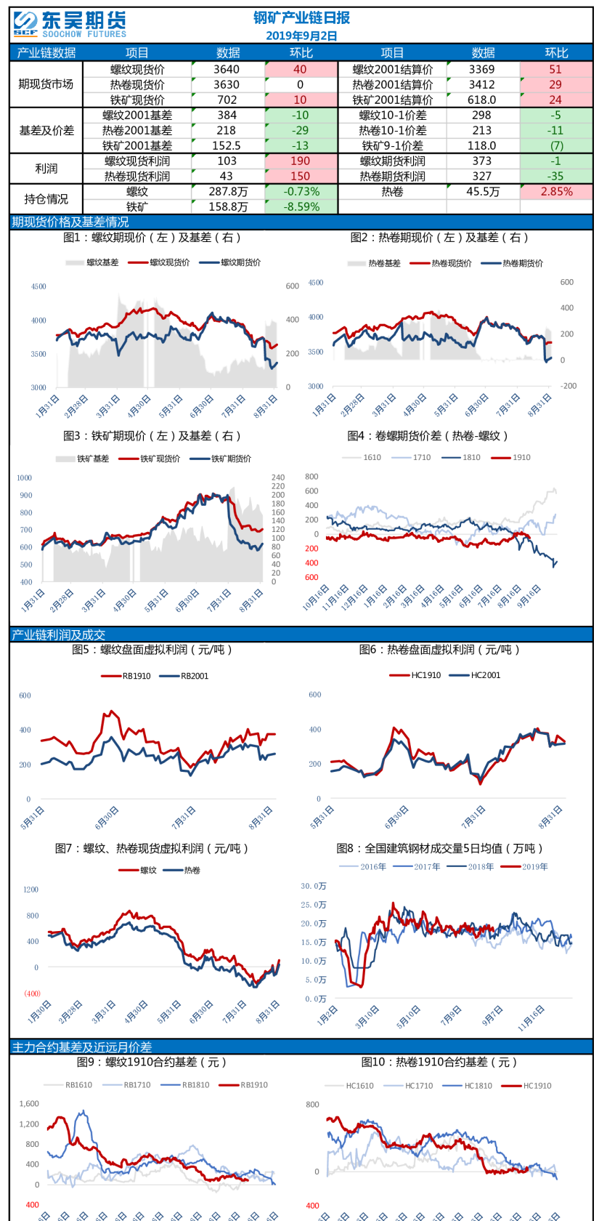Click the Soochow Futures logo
tap(69, 24)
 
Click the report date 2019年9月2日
tap(301, 36)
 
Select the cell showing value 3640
tap(227, 69)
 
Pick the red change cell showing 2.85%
tap(556, 192)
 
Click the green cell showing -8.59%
tap(301, 206)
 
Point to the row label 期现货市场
tap(46, 84)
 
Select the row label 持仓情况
tap(46, 199)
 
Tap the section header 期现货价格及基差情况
tap(70, 222)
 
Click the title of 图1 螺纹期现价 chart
tap(152, 238)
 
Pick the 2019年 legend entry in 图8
tap(534, 866)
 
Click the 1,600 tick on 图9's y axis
tap(29, 1103)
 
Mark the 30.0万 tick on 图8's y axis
tap(314, 886)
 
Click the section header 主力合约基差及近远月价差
tap(82, 1047)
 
